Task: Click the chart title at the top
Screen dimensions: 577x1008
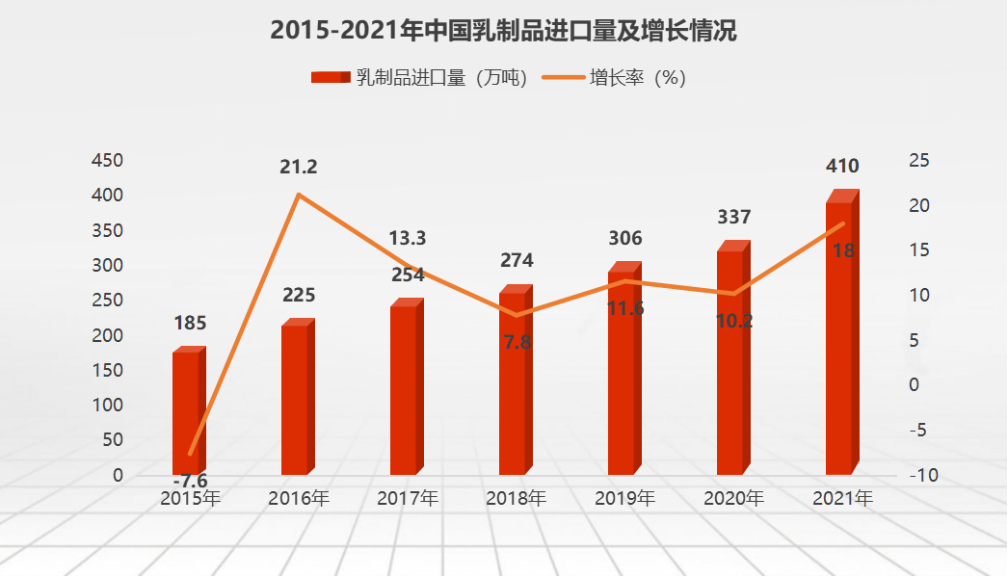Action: pyautogui.click(x=503, y=31)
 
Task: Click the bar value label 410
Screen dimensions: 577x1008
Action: pyautogui.click(x=842, y=166)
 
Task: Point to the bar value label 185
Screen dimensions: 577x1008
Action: pyautogui.click(x=190, y=323)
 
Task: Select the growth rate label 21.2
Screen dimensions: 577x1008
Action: pyautogui.click(x=299, y=167)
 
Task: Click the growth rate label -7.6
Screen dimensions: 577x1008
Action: pyautogui.click(x=190, y=481)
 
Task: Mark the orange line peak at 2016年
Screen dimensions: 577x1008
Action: pyautogui.click(x=299, y=195)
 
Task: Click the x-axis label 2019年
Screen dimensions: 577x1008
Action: pyautogui.click(x=624, y=499)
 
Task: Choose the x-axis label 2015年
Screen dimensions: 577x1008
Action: pyautogui.click(x=190, y=499)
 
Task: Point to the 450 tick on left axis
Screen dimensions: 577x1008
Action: pyautogui.click(x=106, y=160)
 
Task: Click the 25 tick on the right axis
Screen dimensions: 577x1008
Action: pyautogui.click(x=918, y=160)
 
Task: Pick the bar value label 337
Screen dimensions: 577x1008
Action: pyautogui.click(x=733, y=217)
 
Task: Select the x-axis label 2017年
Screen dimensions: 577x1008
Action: pyautogui.click(x=407, y=499)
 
